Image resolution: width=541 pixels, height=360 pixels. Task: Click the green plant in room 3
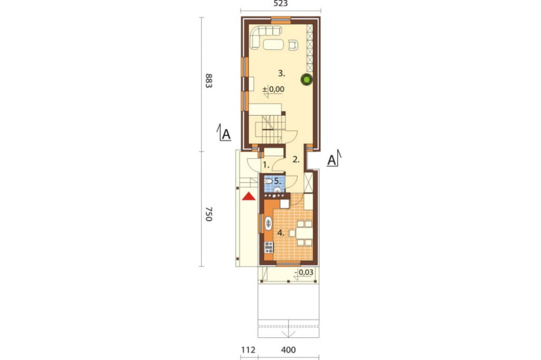(x=306, y=79)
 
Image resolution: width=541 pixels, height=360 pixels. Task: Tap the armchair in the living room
(x=293, y=45)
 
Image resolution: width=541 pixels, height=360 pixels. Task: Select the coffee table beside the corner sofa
(x=274, y=45)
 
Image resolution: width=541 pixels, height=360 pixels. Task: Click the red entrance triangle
(x=248, y=197)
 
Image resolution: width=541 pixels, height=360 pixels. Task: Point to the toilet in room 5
(x=268, y=181)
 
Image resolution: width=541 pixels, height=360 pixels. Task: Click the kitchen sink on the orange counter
(x=268, y=223)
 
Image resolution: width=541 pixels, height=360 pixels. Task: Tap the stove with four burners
(x=268, y=247)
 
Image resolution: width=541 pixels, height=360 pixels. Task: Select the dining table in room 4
(x=304, y=234)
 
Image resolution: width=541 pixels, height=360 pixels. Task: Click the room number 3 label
(x=281, y=73)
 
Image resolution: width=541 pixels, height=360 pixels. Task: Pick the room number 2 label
(x=296, y=159)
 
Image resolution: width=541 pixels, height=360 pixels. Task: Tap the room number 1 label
(x=266, y=165)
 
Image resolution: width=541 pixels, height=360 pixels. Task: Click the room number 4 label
(x=281, y=233)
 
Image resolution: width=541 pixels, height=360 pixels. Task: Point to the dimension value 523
(x=280, y=3)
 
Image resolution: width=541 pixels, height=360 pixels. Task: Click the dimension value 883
(x=208, y=81)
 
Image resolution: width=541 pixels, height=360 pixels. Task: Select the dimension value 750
(x=208, y=214)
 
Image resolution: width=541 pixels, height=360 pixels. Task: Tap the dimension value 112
(x=248, y=350)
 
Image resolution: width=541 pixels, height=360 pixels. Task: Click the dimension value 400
(x=288, y=350)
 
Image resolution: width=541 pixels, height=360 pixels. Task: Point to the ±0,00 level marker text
(x=274, y=89)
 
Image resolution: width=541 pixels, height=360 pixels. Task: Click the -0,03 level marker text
(x=304, y=272)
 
